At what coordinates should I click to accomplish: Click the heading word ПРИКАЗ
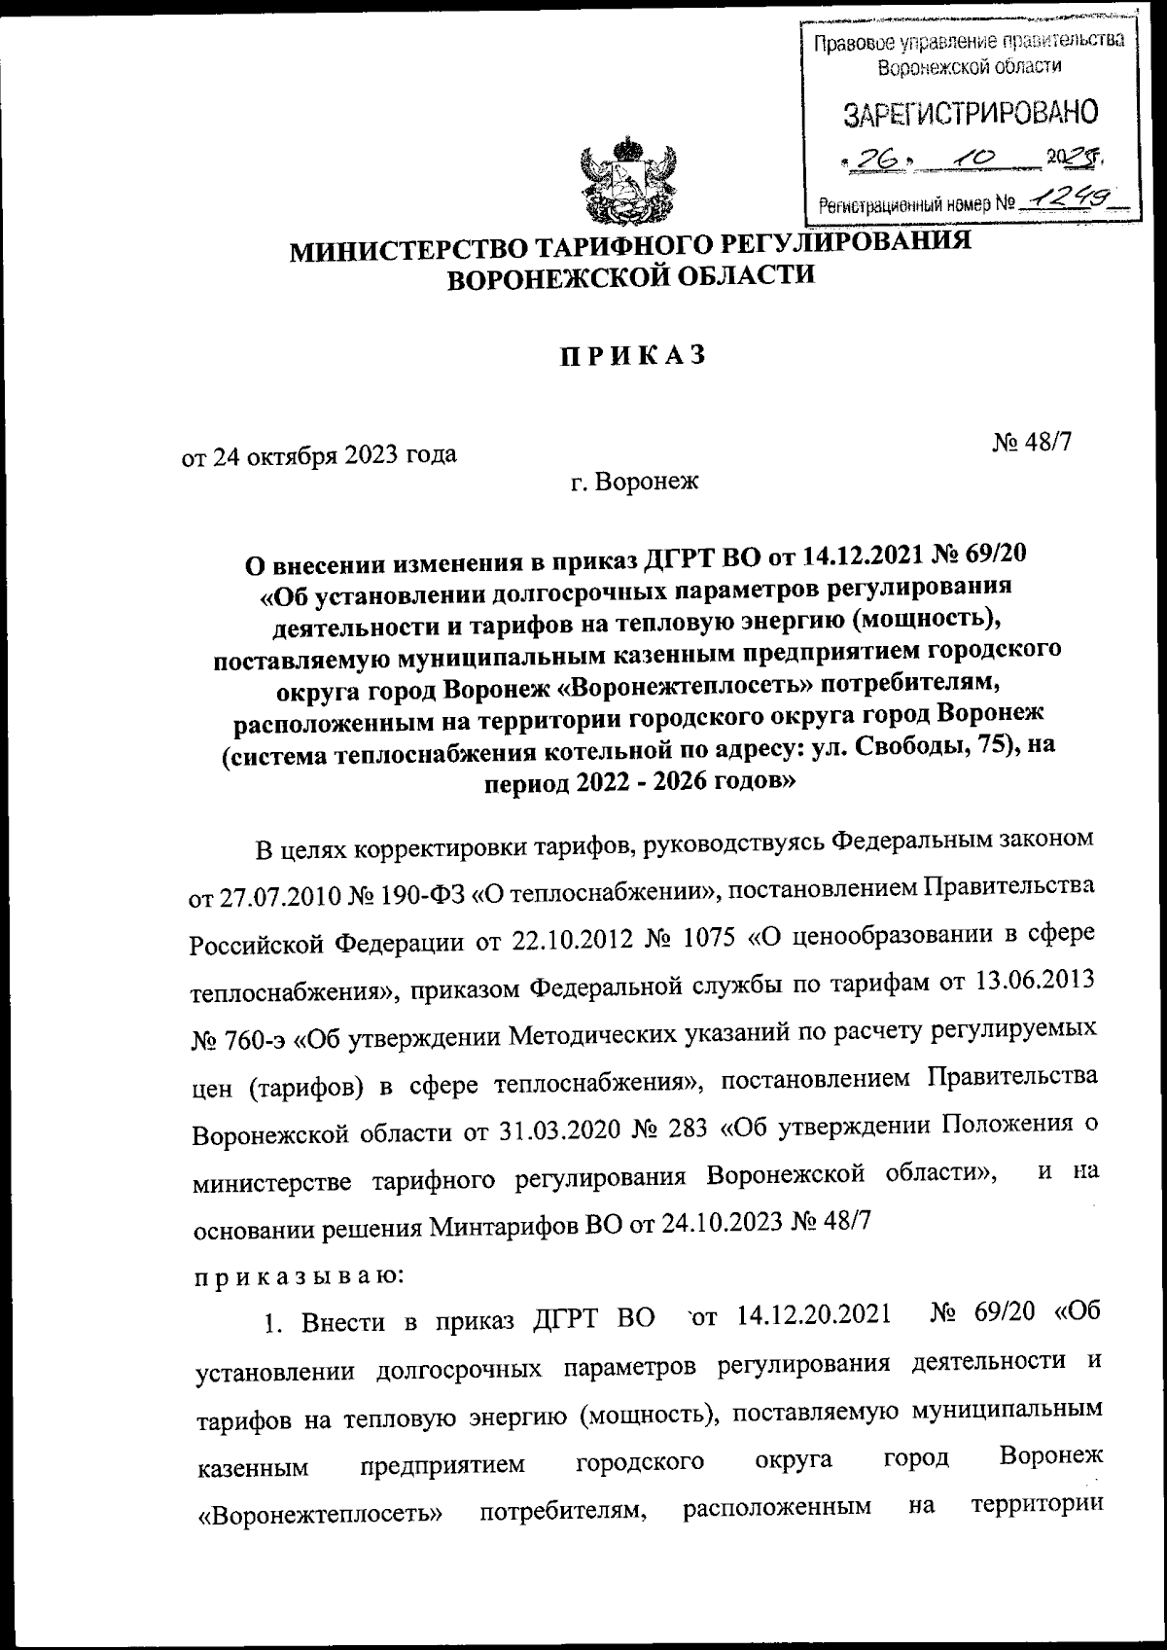coord(629,357)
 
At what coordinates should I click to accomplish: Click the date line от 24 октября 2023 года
coord(320,454)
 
